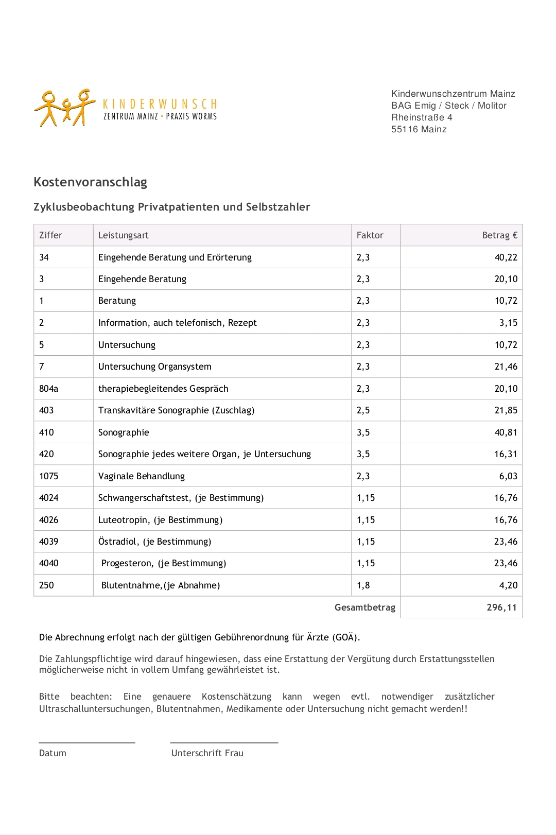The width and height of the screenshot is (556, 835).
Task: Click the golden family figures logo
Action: (x=64, y=108)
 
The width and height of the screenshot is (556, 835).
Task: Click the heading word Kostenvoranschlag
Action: (x=90, y=182)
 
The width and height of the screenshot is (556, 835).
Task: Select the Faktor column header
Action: (x=370, y=235)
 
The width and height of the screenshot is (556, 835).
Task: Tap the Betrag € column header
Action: (x=499, y=235)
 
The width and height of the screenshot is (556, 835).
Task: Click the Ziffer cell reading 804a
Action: (x=48, y=389)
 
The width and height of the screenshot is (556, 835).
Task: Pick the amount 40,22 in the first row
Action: (x=506, y=257)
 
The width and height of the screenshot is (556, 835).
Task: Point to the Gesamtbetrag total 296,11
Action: (x=501, y=607)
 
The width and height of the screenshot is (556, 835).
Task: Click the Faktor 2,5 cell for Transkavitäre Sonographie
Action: (x=363, y=410)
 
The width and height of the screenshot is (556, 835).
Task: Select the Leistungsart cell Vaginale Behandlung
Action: (x=142, y=476)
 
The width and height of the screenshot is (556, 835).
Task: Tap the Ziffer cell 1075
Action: (x=48, y=476)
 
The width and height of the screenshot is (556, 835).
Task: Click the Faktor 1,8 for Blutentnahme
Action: (x=363, y=585)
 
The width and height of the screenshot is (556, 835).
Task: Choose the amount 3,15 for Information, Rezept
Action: (x=508, y=323)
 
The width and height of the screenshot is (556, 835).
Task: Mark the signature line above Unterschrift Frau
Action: (x=224, y=742)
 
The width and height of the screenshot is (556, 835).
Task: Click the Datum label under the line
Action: (x=53, y=753)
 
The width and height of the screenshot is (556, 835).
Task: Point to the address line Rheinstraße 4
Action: (x=422, y=117)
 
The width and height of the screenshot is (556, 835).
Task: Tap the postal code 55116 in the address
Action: (x=404, y=129)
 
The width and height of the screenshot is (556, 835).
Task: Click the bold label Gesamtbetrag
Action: (x=364, y=607)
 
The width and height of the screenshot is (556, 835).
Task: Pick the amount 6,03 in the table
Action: (x=508, y=476)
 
